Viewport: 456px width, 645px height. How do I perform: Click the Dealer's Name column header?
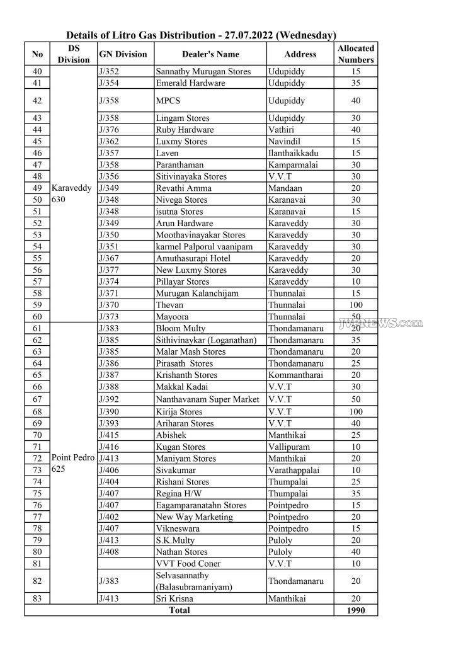[x=210, y=54]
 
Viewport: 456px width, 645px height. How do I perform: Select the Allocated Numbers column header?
[x=355, y=54]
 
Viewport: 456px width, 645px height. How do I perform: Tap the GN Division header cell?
[x=123, y=54]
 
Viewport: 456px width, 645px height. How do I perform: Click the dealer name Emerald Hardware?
[x=190, y=83]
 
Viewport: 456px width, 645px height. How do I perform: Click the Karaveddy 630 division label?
[x=71, y=193]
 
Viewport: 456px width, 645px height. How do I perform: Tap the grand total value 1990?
[x=355, y=610]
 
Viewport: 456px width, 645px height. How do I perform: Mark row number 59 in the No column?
[x=37, y=305]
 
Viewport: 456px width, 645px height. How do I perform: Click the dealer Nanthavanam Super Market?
[x=207, y=399]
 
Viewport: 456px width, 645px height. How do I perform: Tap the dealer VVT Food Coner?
[x=188, y=564]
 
